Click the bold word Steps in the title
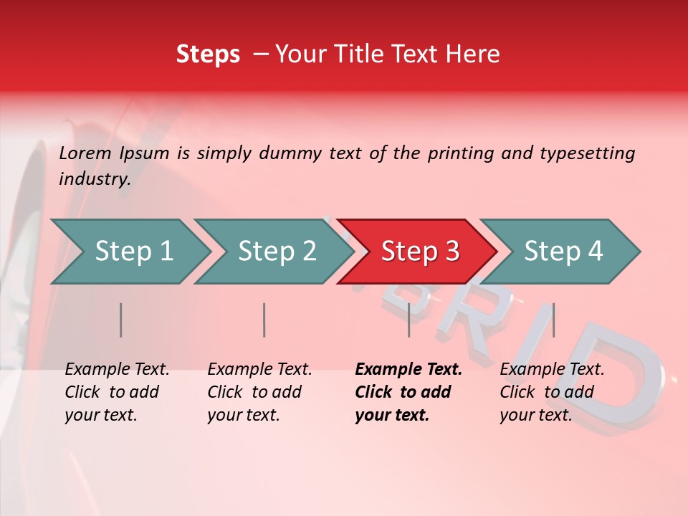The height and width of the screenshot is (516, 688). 208,54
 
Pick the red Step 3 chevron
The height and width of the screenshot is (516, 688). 420,252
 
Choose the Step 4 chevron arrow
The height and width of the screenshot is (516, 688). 563,252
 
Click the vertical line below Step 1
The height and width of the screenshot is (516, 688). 121,320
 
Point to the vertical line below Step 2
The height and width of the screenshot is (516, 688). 264,320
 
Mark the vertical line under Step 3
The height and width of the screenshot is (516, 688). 408,320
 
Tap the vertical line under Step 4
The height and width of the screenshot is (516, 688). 553,320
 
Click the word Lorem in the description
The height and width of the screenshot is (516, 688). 85,153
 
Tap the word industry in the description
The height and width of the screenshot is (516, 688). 95,178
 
